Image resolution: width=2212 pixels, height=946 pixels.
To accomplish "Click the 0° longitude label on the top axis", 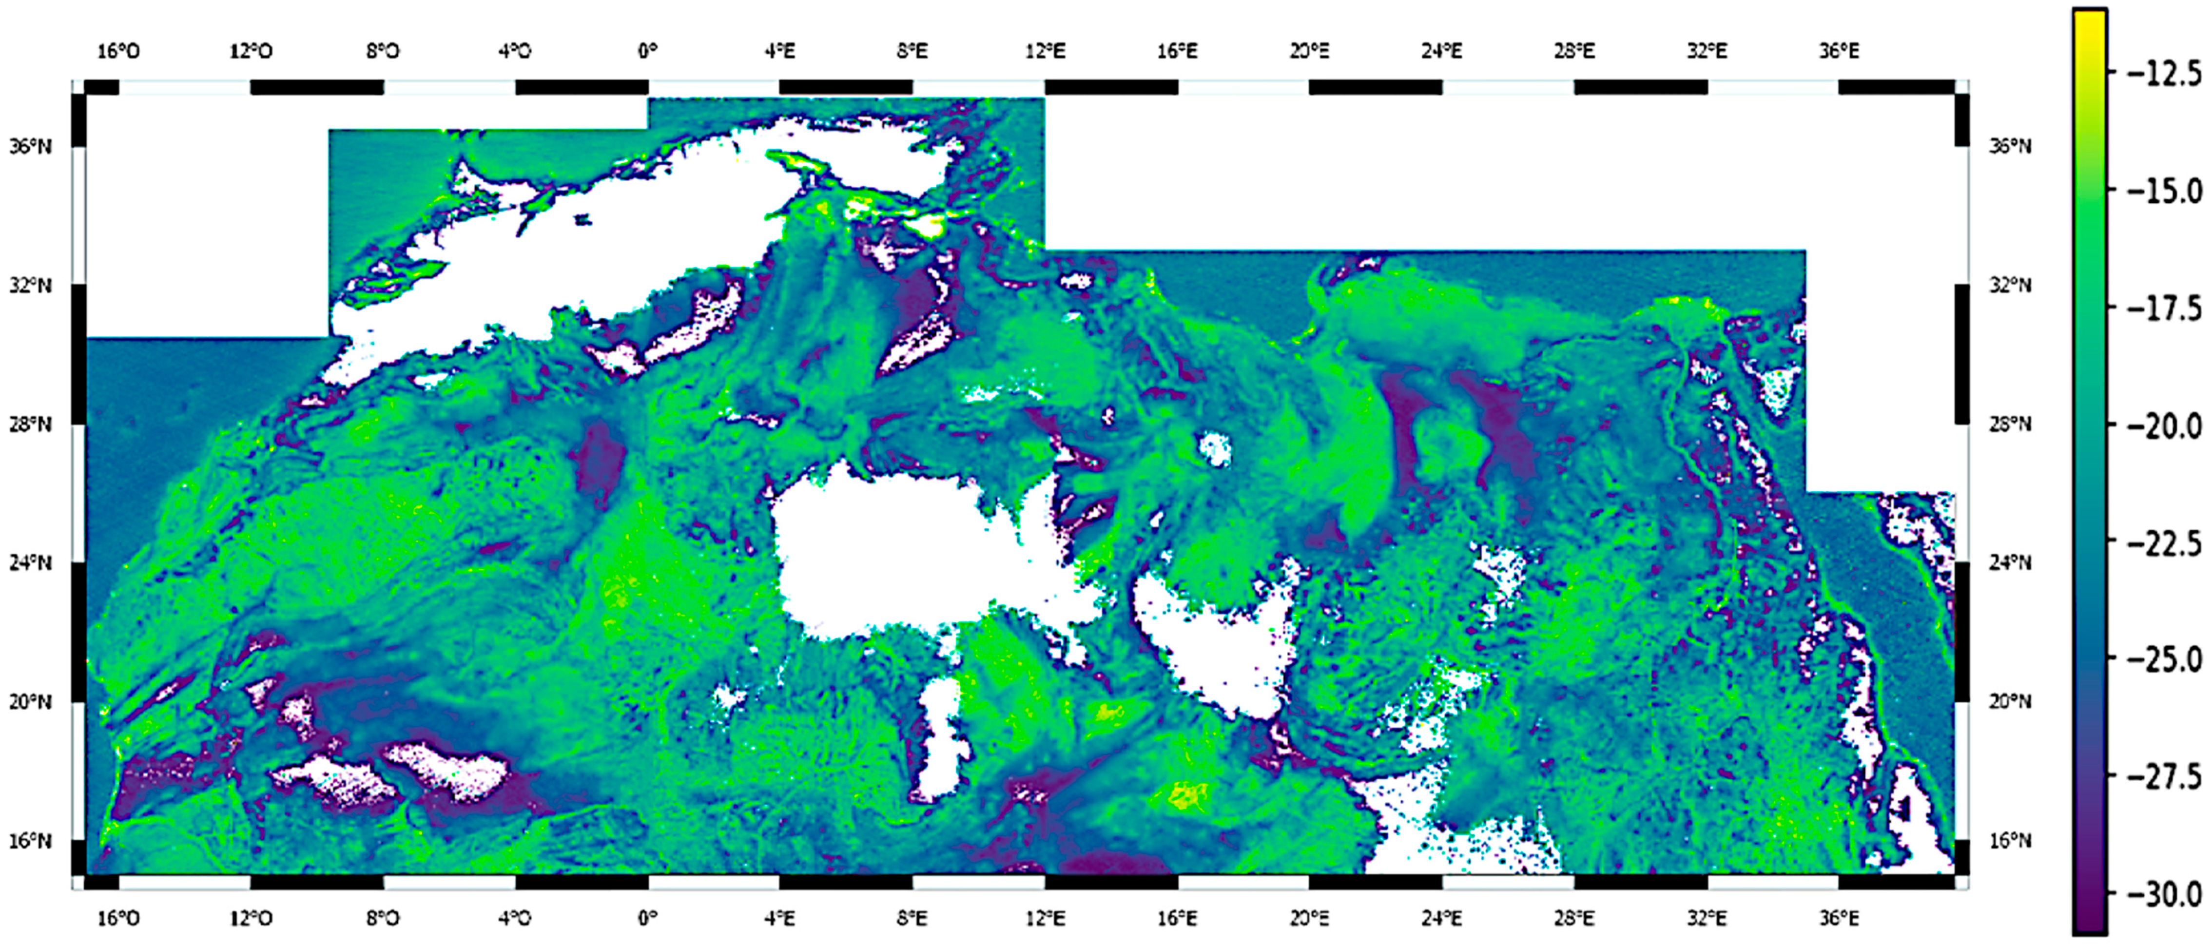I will point(647,52).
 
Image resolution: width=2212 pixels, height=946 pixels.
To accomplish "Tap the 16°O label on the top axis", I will point(118,52).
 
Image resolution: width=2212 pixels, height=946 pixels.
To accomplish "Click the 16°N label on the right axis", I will point(2010,840).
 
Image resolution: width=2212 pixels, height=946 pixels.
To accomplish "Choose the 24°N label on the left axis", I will point(31,563).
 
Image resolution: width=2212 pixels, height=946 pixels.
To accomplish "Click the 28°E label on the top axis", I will point(1574,52).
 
